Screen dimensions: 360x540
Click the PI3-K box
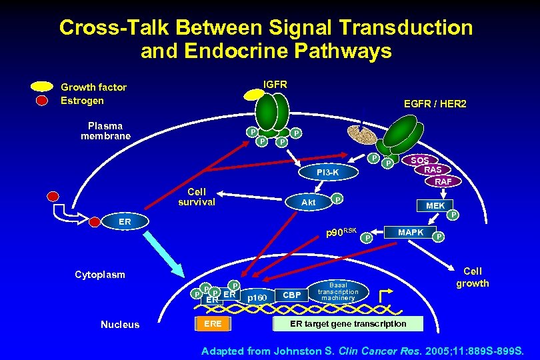coord(328,173)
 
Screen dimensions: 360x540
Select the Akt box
coord(308,201)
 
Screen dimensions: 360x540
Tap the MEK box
coord(435,205)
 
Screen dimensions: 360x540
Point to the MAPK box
coord(411,233)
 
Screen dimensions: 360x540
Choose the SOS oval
coord(419,161)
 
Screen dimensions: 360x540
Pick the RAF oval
coord(443,181)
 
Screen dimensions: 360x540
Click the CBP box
coord(292,294)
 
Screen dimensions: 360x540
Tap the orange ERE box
coord(213,324)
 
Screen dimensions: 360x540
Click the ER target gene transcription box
coord(347,324)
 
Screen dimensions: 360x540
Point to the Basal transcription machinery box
coord(338,292)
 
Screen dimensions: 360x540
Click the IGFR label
coord(275,85)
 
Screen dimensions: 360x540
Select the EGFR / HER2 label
coord(435,104)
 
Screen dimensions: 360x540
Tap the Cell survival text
coord(197,197)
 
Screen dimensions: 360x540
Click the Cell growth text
coord(472,277)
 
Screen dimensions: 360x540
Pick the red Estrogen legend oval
coord(42,101)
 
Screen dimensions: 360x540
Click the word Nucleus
coord(120,325)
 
